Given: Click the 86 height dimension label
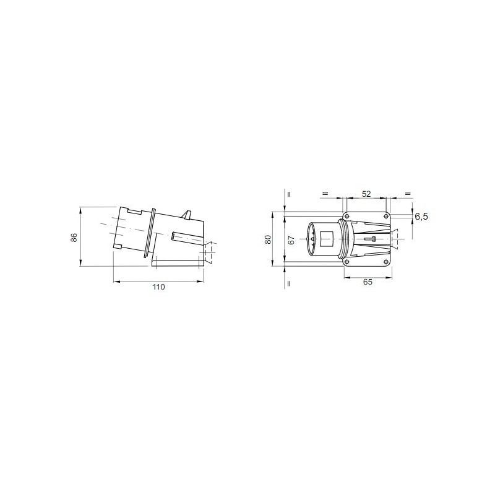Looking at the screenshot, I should pos(73,238).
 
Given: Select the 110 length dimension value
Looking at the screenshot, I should pos(159,288).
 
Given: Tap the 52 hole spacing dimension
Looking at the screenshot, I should pos(366,194).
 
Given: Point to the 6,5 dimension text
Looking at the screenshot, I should pos(421,217).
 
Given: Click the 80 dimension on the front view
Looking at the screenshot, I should pos(269,239).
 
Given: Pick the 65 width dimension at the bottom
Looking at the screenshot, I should pos(367,282).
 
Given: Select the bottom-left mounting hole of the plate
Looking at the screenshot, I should pos(346,264).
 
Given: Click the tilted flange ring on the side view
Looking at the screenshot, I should pos(148,233).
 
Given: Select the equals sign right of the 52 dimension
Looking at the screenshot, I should pos(407,194).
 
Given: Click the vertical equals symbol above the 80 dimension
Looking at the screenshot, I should pos(288,194).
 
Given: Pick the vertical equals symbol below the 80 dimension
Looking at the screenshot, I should pos(288,284).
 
